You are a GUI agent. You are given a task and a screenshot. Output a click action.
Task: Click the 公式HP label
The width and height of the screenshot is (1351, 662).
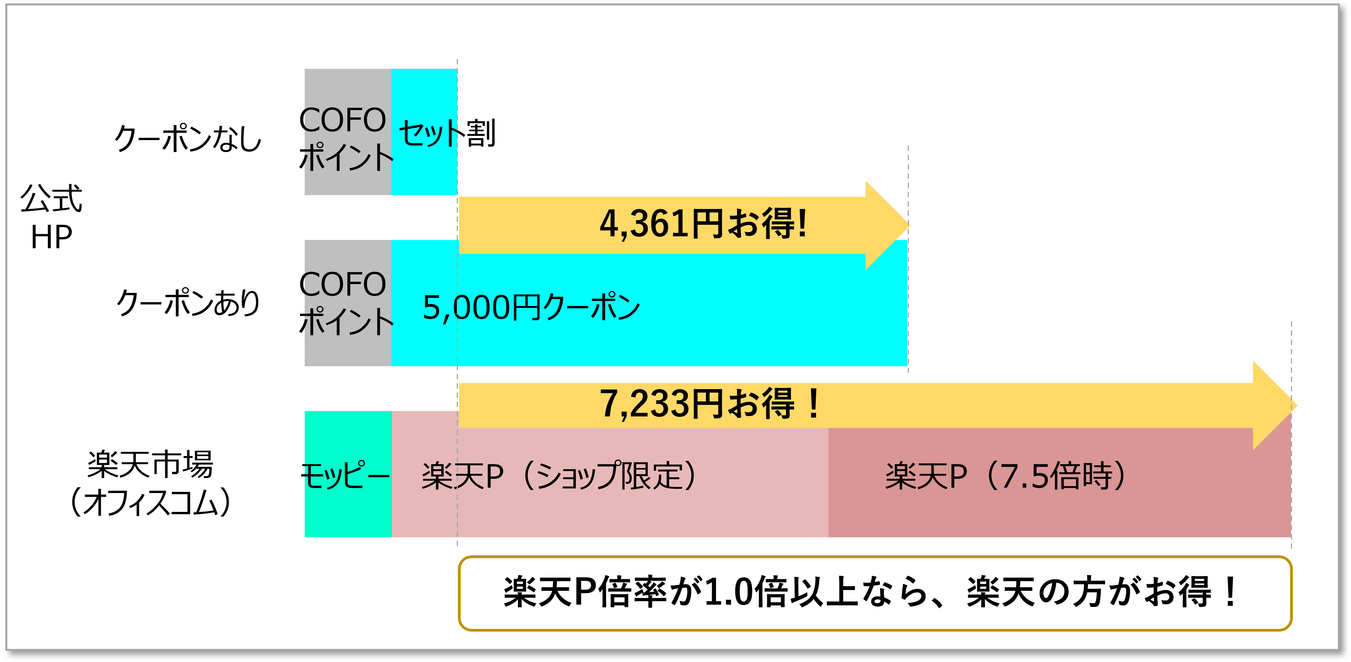click(51, 217)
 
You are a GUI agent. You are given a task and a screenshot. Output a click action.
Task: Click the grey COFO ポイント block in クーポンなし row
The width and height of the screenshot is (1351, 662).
click(347, 132)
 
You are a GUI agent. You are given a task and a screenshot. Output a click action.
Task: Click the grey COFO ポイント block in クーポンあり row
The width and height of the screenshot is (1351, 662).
click(347, 303)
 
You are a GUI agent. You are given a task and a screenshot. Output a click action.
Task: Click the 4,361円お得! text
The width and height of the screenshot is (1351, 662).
click(703, 224)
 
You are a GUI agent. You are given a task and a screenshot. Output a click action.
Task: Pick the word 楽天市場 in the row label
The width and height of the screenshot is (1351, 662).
click(151, 465)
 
